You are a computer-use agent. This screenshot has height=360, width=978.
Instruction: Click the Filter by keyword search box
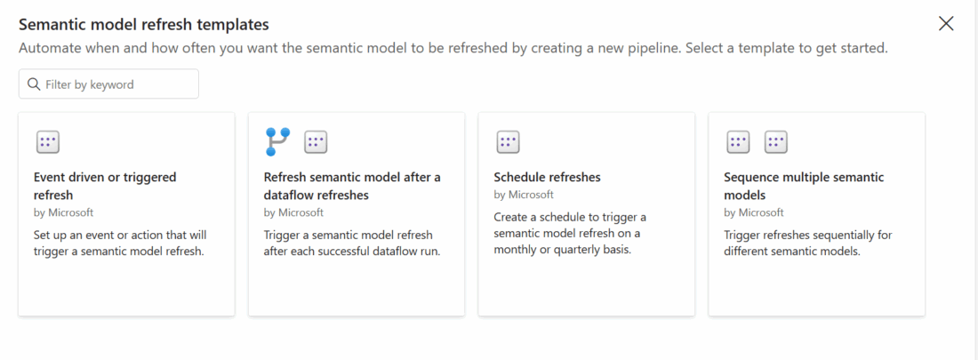[108, 84]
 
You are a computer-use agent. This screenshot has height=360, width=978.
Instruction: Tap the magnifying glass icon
[34, 84]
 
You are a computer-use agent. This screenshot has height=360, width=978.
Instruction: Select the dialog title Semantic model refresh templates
[144, 25]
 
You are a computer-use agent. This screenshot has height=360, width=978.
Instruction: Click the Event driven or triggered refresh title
[105, 186]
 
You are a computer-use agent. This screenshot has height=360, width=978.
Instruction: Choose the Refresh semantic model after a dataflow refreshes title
[352, 186]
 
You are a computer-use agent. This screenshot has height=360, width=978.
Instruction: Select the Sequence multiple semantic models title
[804, 186]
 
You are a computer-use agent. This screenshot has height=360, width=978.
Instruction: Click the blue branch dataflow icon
[277, 141]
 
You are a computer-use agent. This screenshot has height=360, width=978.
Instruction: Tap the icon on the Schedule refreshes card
[508, 142]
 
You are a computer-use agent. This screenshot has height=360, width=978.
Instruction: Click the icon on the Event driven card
[47, 142]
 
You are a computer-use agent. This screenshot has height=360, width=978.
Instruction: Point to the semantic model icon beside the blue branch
[316, 142]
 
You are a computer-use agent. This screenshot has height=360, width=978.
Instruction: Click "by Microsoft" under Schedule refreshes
[524, 195]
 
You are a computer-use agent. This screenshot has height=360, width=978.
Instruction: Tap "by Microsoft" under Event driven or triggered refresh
[64, 212]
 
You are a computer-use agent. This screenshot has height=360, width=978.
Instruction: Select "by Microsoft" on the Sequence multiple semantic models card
[754, 212]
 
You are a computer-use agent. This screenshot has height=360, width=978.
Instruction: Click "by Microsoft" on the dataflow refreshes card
[293, 212]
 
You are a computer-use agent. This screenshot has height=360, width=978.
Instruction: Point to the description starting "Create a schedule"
[570, 234]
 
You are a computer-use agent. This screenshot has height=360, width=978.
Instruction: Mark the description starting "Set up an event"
[120, 244]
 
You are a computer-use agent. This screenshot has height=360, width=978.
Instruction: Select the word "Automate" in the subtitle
[47, 48]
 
